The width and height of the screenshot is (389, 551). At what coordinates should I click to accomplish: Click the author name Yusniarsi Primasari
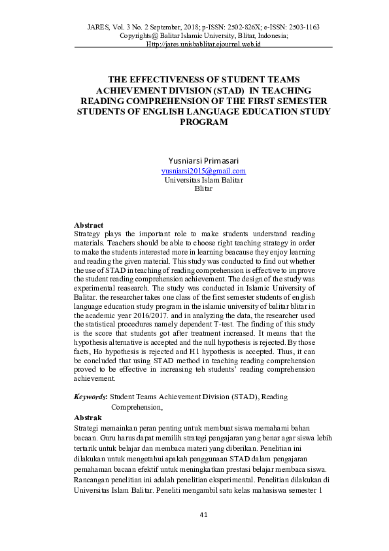[203, 160]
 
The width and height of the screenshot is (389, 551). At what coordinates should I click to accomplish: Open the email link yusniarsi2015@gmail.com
[203, 171]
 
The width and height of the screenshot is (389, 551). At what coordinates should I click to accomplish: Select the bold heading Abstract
[89, 225]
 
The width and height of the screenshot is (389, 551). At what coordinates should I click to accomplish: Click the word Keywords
[90, 397]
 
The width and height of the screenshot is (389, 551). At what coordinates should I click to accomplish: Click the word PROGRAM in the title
[203, 122]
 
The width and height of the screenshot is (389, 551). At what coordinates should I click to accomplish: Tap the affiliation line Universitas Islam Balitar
[203, 180]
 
